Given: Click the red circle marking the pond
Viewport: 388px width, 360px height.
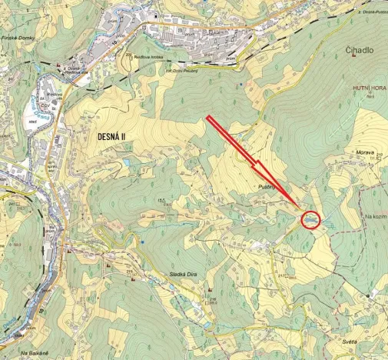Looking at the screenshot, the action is (310, 219).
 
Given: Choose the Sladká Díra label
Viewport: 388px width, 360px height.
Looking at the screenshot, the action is (184, 274).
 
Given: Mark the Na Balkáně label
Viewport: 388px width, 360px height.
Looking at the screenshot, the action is (35, 353).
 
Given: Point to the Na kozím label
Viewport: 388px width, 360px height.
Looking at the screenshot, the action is (373, 216).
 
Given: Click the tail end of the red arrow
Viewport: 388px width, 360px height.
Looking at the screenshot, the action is (208, 117).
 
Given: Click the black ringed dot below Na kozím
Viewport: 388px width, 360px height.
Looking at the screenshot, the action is (368, 295).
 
